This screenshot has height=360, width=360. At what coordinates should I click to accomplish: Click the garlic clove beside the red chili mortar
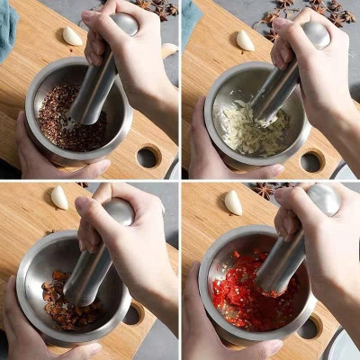pos(233,202)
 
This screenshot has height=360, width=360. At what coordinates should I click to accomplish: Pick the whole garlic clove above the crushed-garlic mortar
pos(244,40)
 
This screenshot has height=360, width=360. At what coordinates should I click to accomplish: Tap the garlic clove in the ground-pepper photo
pos(72,36)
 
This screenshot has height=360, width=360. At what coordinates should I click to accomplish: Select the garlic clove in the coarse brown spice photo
pos(58,197)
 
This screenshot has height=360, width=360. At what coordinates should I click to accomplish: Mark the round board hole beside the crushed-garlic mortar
pos(311,161)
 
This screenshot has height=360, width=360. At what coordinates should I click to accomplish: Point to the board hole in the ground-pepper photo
pos(148,157)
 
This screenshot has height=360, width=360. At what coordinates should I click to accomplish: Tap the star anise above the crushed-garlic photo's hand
pos(274,18)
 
